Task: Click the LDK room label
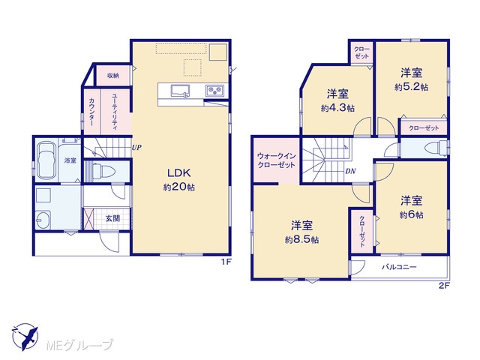pos(179,173)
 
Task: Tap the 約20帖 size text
pos(179,187)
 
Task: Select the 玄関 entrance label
pos(112,218)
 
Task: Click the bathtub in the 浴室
pos(46,160)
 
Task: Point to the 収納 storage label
pos(113,76)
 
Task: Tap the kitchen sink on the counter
pos(180,91)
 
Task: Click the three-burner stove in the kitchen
pos(214,90)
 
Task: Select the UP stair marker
pos(136,148)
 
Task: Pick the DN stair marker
pos(350,171)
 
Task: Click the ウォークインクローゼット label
pos(277,160)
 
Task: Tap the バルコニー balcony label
pos(399,267)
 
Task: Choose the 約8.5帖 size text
pos(301,240)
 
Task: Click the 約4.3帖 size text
pos(338,108)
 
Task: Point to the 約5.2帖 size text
pos(412,87)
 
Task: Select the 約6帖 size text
pos(412,215)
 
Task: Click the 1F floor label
pos(226,262)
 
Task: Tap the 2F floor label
pos(444,286)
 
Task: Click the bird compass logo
pos(25,337)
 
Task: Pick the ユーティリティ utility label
pos(113,112)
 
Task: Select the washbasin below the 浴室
pos(43,219)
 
